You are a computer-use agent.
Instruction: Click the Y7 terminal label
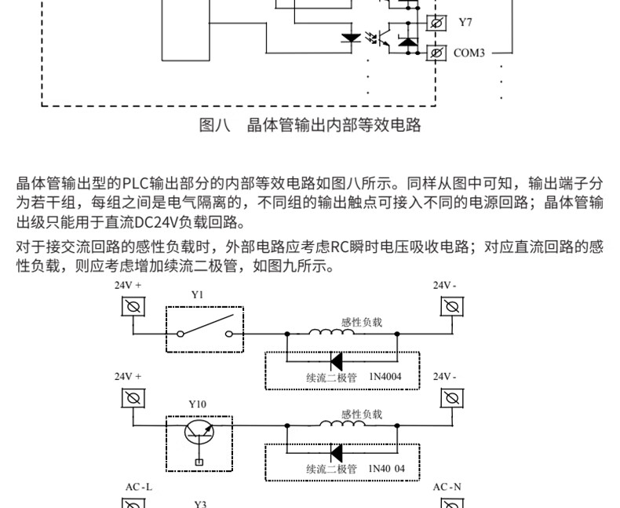coord(465,23)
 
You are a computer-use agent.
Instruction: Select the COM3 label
coord(469,53)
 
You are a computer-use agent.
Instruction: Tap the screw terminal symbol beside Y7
coord(436,23)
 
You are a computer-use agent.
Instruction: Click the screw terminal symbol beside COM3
coord(436,53)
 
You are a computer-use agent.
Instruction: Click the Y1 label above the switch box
coord(197,294)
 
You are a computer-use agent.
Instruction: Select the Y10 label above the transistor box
coord(197,404)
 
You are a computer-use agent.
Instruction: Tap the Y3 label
coord(199,503)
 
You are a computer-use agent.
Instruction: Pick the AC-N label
coord(447,487)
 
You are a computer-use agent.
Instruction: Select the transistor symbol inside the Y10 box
coord(199,433)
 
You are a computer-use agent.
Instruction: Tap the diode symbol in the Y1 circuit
coord(337,362)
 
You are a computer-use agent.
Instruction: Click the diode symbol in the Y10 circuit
coord(337,453)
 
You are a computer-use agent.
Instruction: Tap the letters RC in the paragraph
coord(339,247)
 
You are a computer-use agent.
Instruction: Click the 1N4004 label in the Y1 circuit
coord(385,378)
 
